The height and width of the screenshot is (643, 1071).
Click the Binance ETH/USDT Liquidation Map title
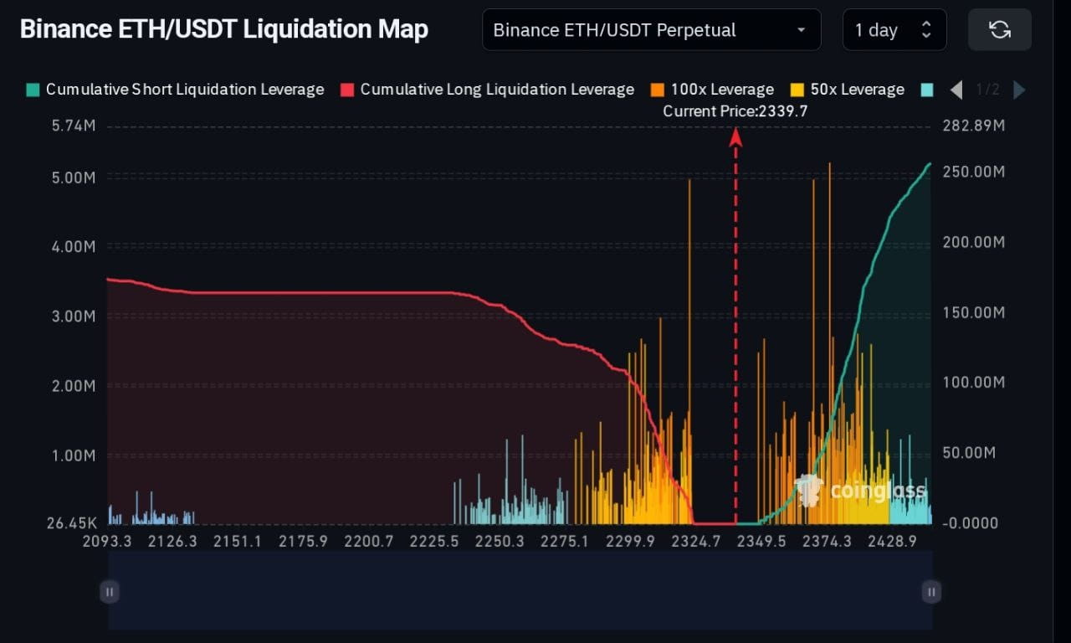pos(223,29)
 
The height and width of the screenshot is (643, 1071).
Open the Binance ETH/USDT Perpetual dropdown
pos(651,30)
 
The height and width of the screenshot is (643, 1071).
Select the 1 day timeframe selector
pos(894,30)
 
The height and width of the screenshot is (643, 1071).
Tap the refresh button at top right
pos(999,30)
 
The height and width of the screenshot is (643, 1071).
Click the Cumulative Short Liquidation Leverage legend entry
pos(175,90)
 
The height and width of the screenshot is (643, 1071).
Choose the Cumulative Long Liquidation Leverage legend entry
pos(487,90)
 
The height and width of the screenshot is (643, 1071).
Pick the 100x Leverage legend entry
pos(712,90)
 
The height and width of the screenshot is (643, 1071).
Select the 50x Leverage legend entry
pos(847,90)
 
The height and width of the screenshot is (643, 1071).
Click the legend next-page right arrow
pos(1019,90)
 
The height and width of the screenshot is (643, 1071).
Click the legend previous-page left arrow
pos(957,90)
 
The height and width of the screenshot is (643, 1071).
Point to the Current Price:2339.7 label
pos(735,111)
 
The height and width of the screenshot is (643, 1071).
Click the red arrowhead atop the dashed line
pos(735,137)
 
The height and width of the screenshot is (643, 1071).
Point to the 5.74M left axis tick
pos(74,127)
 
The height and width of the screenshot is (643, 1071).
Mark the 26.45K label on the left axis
pos(71,523)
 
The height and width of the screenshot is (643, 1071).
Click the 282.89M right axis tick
pos(973,127)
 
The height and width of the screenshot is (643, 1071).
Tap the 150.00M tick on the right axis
pos(973,312)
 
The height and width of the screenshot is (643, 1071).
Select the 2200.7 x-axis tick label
pos(369,542)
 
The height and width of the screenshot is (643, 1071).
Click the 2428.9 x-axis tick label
pos(893,542)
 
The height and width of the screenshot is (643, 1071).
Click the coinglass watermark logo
pos(862,491)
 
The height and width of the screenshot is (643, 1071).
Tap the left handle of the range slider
pos(110,592)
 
